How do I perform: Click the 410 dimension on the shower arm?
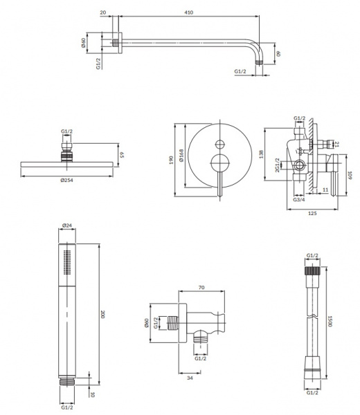[x=189, y=12]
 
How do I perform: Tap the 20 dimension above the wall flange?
[x=103, y=12]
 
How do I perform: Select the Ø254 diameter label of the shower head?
[x=66, y=181]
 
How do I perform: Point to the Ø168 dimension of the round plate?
[x=181, y=156]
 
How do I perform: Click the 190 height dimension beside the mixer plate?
[x=171, y=160]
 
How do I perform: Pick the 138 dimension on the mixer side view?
[x=261, y=154]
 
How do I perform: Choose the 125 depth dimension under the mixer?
[x=312, y=213]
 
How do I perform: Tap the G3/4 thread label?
[x=299, y=199]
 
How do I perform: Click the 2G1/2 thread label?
[x=278, y=165]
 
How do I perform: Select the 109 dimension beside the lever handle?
[x=350, y=175]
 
